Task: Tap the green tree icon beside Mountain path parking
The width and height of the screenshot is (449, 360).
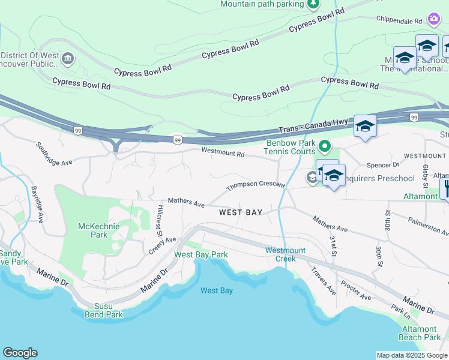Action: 313,4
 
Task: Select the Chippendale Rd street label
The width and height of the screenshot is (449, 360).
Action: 400,20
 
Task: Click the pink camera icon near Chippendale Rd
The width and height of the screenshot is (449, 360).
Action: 433,19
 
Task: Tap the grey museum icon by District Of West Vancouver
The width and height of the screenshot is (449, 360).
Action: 67,58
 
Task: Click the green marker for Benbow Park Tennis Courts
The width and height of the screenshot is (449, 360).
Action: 325,146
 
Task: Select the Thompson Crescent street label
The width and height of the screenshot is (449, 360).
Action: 255,187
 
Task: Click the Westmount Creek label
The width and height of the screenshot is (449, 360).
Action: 285,254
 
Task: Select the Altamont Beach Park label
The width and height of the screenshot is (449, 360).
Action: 419,333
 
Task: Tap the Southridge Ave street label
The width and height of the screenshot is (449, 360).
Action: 53,154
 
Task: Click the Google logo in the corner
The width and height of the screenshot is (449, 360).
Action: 20,353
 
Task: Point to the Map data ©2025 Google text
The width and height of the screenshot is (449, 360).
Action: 412,355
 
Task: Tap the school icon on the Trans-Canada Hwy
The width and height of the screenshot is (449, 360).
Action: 365,126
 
